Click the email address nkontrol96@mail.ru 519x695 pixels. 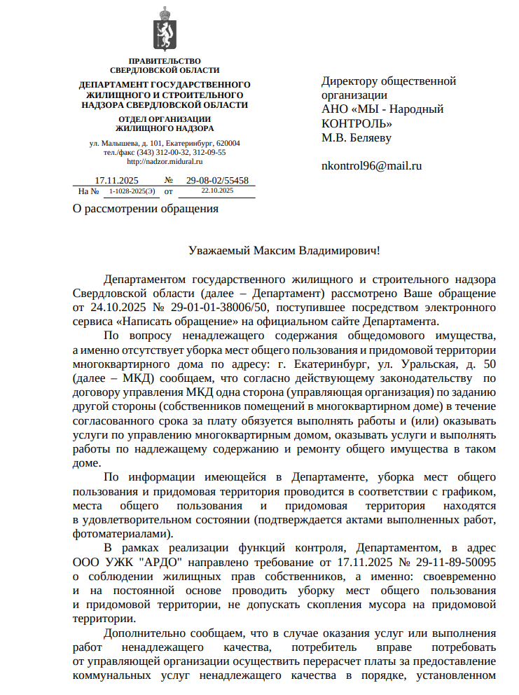pos(371,166)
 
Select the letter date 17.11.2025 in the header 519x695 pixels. pos(117,180)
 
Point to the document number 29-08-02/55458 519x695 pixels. pos(217,180)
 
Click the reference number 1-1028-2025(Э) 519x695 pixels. pos(132,191)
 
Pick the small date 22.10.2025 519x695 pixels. pos(216,190)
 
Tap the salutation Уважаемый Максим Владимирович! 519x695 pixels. pos(284,249)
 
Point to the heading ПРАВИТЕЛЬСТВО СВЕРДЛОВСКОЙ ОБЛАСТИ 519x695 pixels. pos(165,66)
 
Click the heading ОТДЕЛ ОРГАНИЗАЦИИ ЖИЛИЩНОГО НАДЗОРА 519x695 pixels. pos(165,124)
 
